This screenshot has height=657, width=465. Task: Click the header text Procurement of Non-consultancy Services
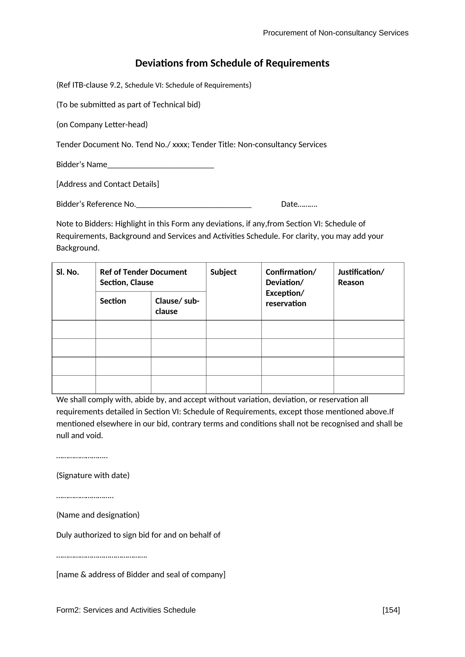tap(335, 33)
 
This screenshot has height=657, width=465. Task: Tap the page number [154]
tap(391, 610)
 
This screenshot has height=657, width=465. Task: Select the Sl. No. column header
tap(67, 272)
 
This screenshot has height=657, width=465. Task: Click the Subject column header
tap(223, 272)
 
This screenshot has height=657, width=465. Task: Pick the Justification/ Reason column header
tap(361, 277)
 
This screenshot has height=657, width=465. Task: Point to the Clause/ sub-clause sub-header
tap(177, 306)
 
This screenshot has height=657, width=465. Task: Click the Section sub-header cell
tap(113, 301)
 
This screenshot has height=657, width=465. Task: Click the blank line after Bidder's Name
tap(160, 165)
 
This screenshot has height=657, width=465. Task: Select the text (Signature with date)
tap(93, 475)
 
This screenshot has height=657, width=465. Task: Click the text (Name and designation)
tap(98, 515)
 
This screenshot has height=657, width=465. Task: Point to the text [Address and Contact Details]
tap(107, 184)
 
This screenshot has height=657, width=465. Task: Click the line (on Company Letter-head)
tap(102, 124)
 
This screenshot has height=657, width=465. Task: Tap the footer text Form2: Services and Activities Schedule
tap(126, 610)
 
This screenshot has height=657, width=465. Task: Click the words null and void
tap(79, 436)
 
